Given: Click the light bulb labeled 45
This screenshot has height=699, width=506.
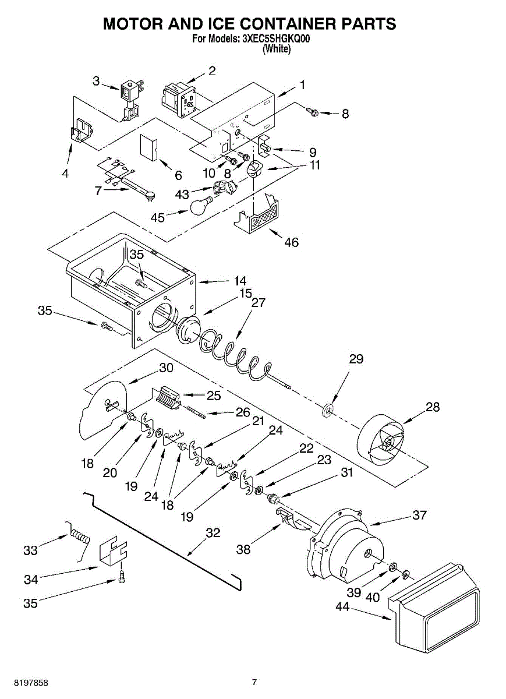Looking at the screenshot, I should (x=201, y=206).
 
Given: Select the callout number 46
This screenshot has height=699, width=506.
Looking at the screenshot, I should (x=291, y=242).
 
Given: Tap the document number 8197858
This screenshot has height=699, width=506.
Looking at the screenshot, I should (x=24, y=682).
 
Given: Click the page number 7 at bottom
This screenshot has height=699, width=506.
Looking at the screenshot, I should (x=254, y=682).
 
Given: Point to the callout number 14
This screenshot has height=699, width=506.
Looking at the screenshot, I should (x=240, y=280).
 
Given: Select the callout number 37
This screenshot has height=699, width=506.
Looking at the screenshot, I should (x=419, y=515).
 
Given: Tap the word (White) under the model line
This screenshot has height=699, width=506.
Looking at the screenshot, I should (x=276, y=50).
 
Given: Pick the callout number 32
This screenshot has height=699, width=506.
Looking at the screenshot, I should (x=213, y=532).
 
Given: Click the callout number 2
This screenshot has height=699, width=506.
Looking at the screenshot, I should (x=212, y=71).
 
